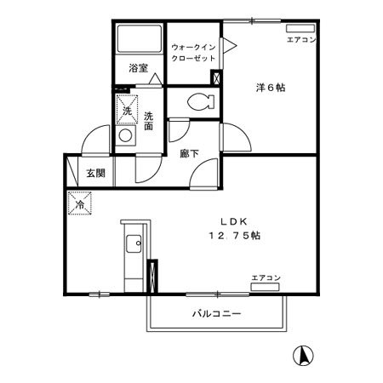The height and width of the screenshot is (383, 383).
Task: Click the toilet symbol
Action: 197,101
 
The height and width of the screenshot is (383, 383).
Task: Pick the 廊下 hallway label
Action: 190,154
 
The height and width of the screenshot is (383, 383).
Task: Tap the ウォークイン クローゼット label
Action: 192,52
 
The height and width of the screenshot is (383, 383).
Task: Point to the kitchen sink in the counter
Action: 133,247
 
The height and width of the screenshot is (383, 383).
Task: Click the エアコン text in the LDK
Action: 266,277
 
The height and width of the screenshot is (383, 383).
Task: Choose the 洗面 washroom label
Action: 148,121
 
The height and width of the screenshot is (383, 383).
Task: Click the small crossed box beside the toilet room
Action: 217,79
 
